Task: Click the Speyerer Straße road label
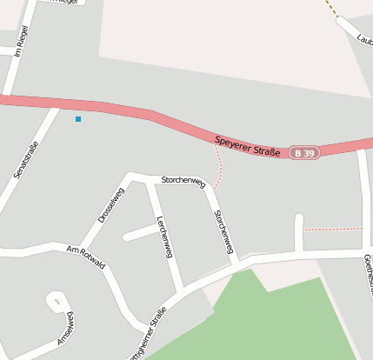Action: (248, 145)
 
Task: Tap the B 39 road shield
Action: (304, 153)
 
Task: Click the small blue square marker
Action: (78, 118)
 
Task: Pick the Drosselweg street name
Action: (110, 205)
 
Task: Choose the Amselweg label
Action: (66, 328)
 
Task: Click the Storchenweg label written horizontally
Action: (183, 181)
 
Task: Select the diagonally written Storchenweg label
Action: (223, 231)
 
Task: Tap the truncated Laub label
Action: (364, 38)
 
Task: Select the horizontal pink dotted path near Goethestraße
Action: (332, 229)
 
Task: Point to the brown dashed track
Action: (334, 8)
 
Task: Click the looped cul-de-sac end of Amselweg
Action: (56, 301)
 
